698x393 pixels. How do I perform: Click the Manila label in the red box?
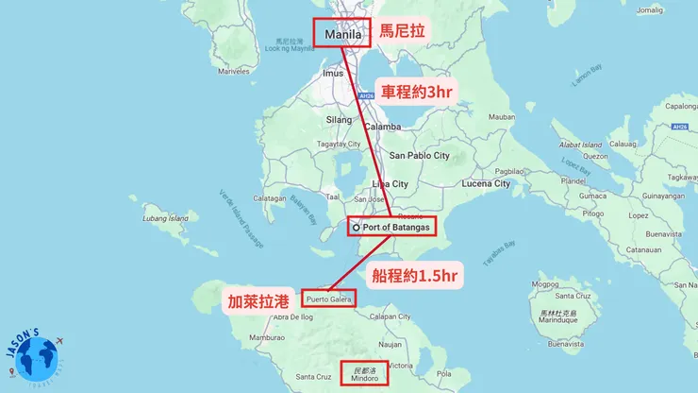pos(341,34)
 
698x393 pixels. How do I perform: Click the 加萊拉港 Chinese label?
pos(258,302)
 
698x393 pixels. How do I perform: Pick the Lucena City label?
pos(488,183)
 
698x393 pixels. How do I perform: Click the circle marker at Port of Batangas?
pos(356,228)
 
